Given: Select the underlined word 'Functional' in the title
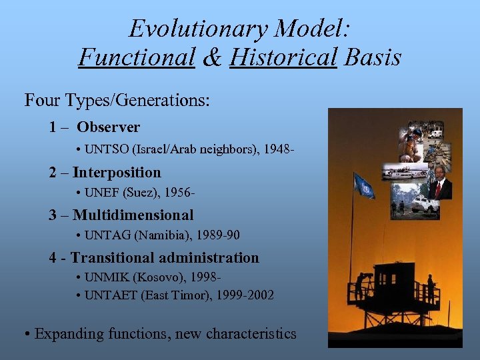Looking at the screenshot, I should tap(136, 58).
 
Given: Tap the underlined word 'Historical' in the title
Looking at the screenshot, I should tap(283, 58).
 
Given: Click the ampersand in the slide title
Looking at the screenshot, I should tap(212, 58).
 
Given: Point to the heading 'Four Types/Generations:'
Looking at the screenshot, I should tap(117, 101).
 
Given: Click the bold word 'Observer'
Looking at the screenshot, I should tap(108, 127).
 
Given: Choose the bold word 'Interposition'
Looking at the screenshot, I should tap(117, 172).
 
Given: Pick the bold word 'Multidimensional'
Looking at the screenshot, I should tap(133, 215).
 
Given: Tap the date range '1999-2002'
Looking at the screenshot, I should tap(243, 295).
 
